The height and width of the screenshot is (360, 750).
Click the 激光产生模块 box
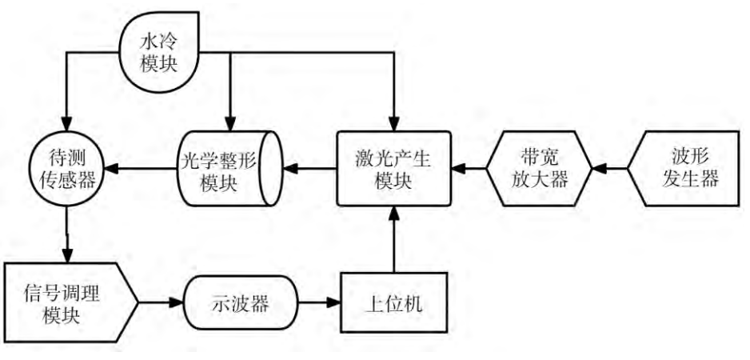click(x=393, y=169)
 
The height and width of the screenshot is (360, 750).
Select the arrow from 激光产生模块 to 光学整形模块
click(x=311, y=170)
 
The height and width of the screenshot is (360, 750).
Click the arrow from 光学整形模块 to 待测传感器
click(x=141, y=170)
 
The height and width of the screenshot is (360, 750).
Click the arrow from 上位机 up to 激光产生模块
click(x=393, y=240)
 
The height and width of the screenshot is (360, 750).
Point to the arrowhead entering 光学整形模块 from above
click(x=230, y=124)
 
